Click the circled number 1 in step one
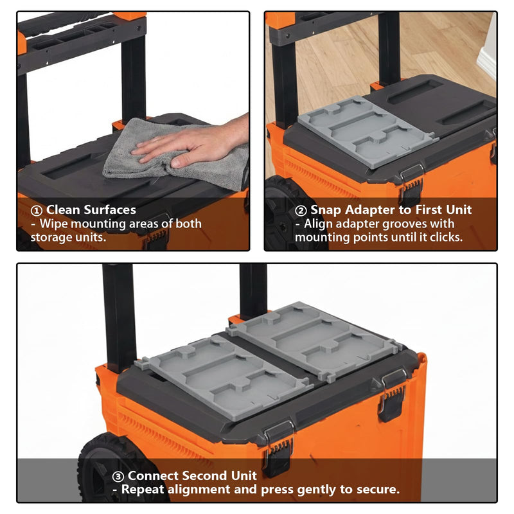(x=36, y=211)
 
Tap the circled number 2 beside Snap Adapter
(x=301, y=211)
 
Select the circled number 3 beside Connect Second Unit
(x=118, y=476)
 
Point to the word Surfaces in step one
(x=110, y=210)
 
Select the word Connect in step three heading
(x=154, y=475)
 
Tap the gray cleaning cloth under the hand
(x=170, y=157)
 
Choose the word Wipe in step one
(x=54, y=224)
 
